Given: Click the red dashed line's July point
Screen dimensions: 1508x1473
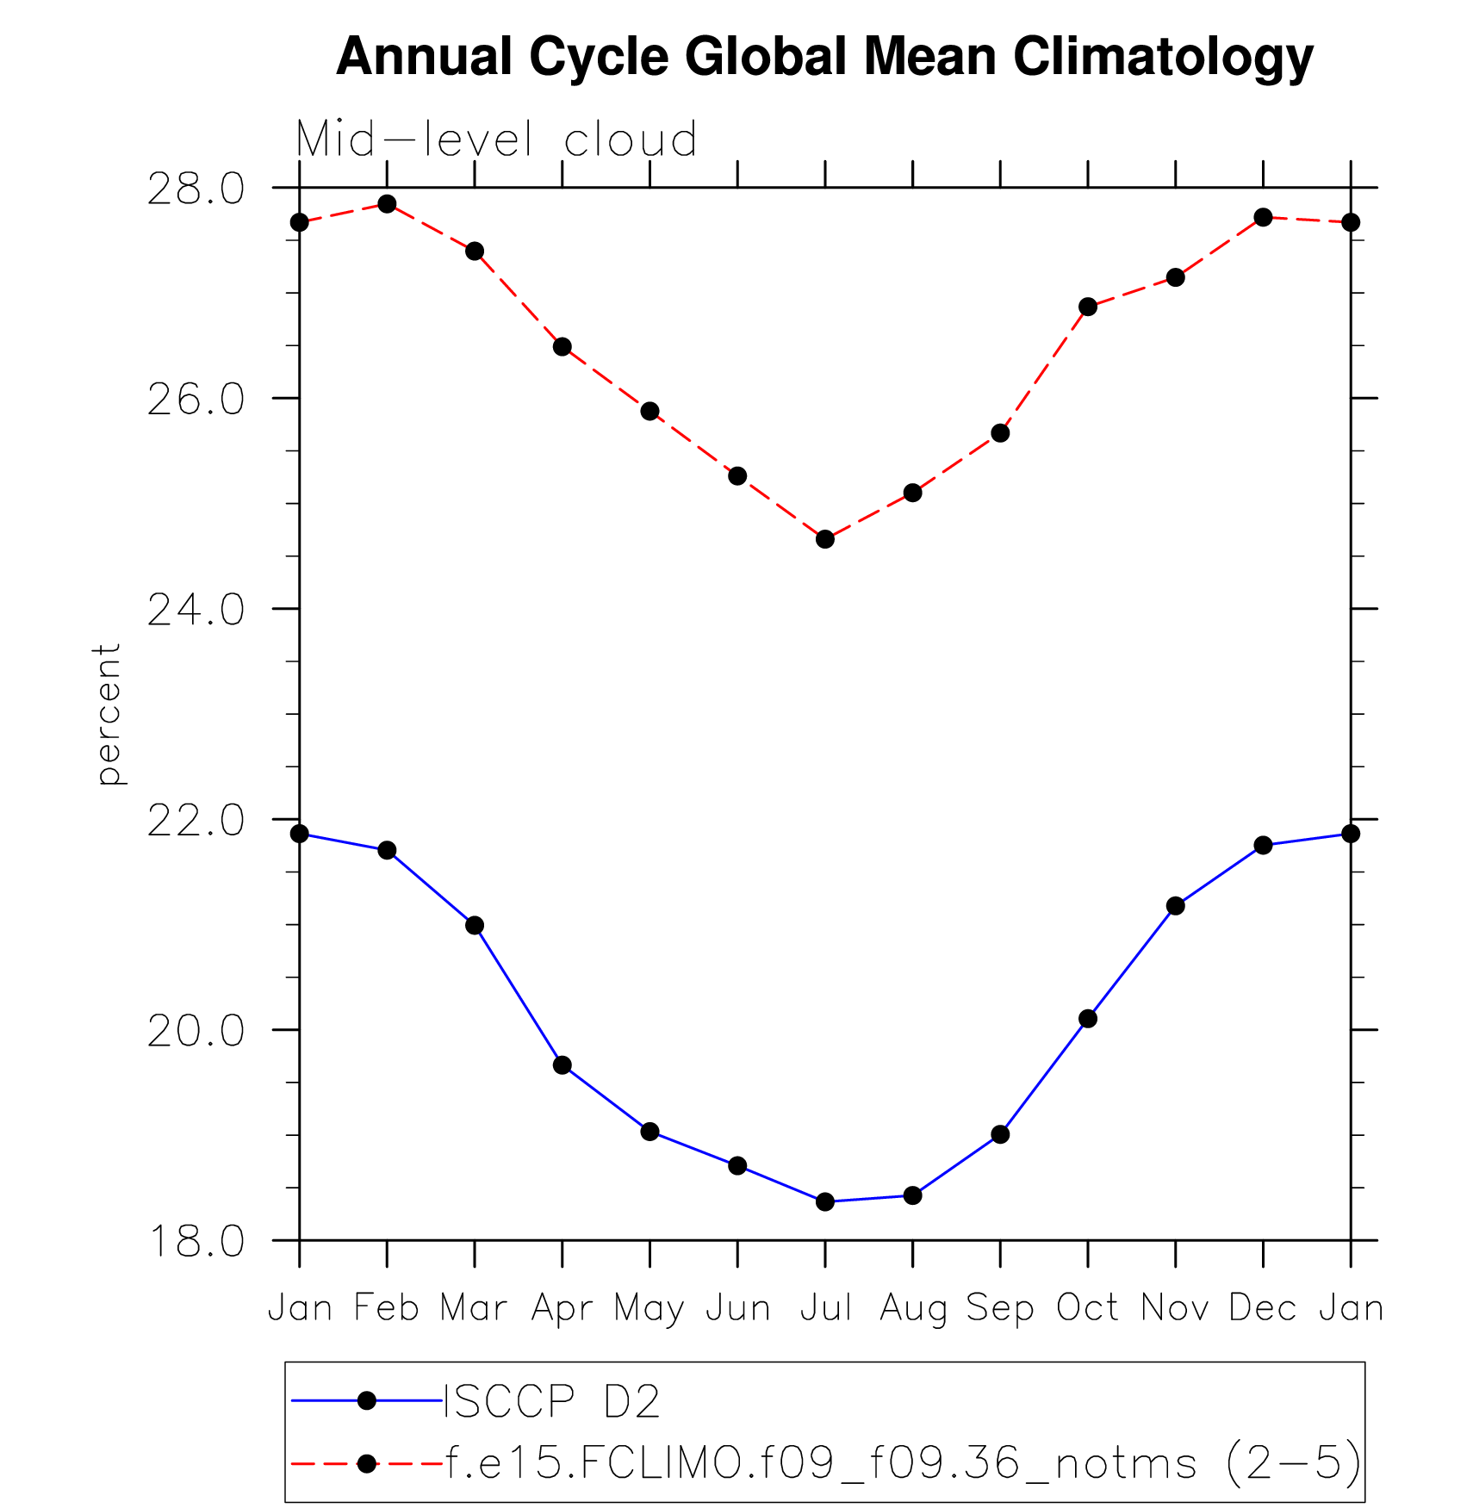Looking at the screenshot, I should (825, 539).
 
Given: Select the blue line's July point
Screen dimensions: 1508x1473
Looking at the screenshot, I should (825, 1201).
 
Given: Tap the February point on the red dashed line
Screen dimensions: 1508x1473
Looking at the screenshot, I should (387, 204).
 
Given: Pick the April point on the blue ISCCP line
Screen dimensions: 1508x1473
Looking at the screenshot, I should (562, 1065).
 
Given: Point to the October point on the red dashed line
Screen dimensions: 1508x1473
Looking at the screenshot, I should (1088, 307).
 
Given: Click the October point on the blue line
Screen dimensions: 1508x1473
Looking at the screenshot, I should (1088, 1019).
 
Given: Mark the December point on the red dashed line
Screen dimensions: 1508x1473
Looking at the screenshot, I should (1263, 217).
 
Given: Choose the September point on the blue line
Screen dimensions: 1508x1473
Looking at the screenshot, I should (1000, 1134).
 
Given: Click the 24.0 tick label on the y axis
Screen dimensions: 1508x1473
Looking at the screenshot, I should (196, 610).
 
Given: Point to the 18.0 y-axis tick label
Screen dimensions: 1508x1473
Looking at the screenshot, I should (196, 1241).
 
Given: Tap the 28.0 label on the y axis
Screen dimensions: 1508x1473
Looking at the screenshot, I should (196, 189).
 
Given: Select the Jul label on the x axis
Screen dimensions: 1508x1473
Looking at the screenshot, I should (825, 1308).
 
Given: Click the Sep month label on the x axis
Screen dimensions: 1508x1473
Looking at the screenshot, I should (1000, 1308).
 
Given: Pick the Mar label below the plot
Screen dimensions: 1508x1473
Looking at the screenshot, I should (474, 1308).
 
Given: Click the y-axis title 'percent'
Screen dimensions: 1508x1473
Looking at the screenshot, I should (109, 715).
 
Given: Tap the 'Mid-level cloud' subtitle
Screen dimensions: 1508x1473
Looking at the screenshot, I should (496, 140).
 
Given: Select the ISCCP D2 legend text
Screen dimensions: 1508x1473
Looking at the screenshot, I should (551, 1401).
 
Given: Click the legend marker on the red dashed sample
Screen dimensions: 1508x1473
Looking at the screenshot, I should (367, 1463).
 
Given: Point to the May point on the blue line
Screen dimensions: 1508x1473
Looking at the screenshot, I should (650, 1132).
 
